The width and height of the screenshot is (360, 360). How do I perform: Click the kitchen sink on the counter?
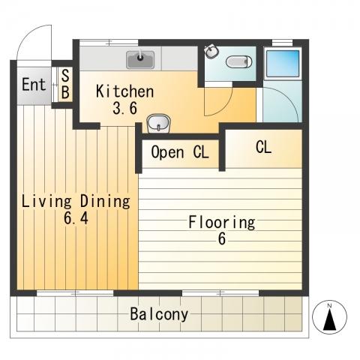point(140,60)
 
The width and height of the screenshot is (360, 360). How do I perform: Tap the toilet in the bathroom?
point(238,61)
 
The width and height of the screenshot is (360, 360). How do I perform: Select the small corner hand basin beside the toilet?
point(211,52)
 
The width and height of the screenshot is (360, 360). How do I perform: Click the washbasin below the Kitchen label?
point(158,123)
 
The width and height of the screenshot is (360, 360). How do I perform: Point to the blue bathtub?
point(283,64)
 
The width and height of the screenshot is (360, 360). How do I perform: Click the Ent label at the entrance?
point(34,85)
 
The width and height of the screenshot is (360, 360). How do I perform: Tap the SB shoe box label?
point(65,84)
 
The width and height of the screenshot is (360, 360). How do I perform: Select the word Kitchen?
point(124,91)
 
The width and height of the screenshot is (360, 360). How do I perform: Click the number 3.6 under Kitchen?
point(124,108)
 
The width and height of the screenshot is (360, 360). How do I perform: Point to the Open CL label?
point(180,152)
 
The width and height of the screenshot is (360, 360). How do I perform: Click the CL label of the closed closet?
point(263,147)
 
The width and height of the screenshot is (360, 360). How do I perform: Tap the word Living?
point(46,202)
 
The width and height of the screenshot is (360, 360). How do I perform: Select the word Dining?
point(105,202)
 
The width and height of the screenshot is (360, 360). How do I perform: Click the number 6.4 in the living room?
point(76,218)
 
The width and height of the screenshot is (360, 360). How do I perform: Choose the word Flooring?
point(222,222)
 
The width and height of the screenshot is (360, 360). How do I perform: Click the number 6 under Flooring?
point(222,238)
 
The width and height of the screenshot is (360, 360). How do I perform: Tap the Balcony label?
point(159,314)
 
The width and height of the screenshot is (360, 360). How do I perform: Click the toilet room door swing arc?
point(223,106)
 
